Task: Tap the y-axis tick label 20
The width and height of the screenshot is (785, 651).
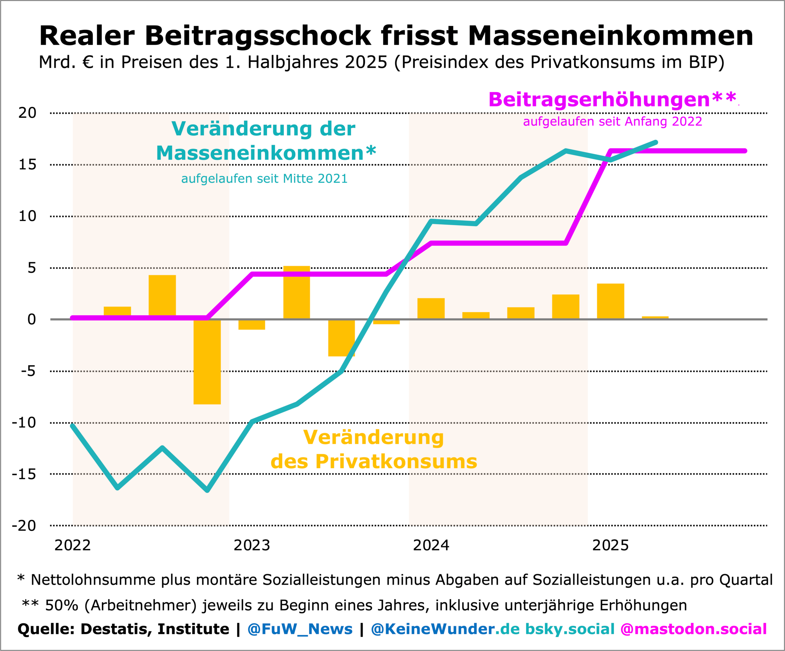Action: pyautogui.click(x=27, y=113)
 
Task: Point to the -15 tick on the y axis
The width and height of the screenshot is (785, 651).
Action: pyautogui.click(x=24, y=474)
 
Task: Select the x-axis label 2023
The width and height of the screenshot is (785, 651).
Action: pyautogui.click(x=252, y=545)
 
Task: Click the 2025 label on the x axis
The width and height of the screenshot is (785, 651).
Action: pyautogui.click(x=611, y=545)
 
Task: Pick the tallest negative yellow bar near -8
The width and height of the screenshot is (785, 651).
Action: pyautogui.click(x=207, y=361)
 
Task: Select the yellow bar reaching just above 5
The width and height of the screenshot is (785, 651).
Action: pyautogui.click(x=297, y=292)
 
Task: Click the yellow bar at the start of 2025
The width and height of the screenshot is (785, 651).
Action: pyautogui.click(x=611, y=301)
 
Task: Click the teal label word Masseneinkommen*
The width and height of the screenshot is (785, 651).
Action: pyautogui.click(x=266, y=153)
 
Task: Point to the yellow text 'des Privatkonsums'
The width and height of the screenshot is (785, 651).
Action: pyautogui.click(x=374, y=461)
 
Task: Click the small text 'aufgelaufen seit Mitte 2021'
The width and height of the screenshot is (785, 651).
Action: pyautogui.click(x=264, y=179)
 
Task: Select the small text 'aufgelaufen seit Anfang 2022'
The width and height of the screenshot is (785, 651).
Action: pyautogui.click(x=613, y=122)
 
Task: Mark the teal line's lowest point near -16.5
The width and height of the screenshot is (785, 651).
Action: pyautogui.click(x=207, y=490)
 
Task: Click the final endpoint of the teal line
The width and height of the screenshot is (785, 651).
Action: pyautogui.click(x=656, y=142)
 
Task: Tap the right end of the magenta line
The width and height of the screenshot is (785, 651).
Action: pyautogui.click(x=745, y=151)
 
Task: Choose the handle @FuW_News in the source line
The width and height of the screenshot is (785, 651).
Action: pyautogui.click(x=300, y=629)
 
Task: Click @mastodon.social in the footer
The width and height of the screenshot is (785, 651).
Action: pyautogui.click(x=693, y=629)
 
